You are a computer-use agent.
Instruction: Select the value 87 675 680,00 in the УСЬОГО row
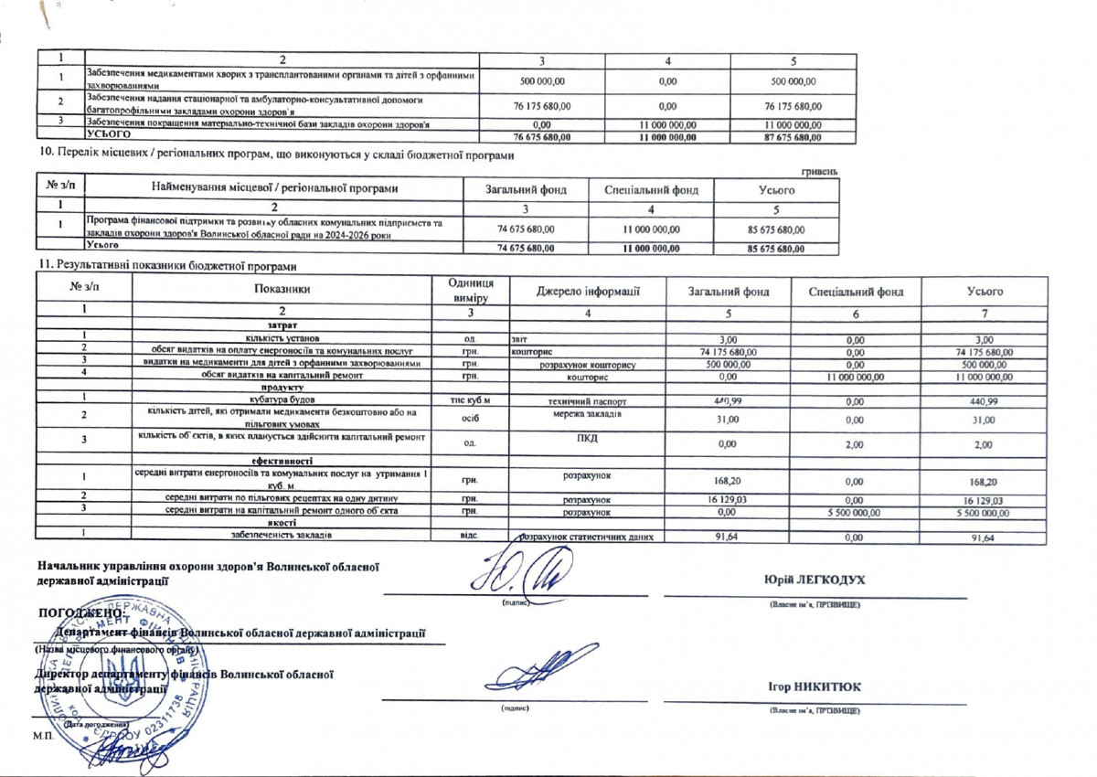[x=793, y=138]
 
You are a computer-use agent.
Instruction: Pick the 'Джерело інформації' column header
[x=586, y=291]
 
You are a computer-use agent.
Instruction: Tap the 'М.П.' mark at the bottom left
[x=41, y=735]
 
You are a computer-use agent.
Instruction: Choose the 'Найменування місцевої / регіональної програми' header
[x=274, y=189]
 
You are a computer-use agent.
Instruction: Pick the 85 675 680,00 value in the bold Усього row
[x=776, y=249]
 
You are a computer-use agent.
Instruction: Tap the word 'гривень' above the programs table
[x=819, y=171]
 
